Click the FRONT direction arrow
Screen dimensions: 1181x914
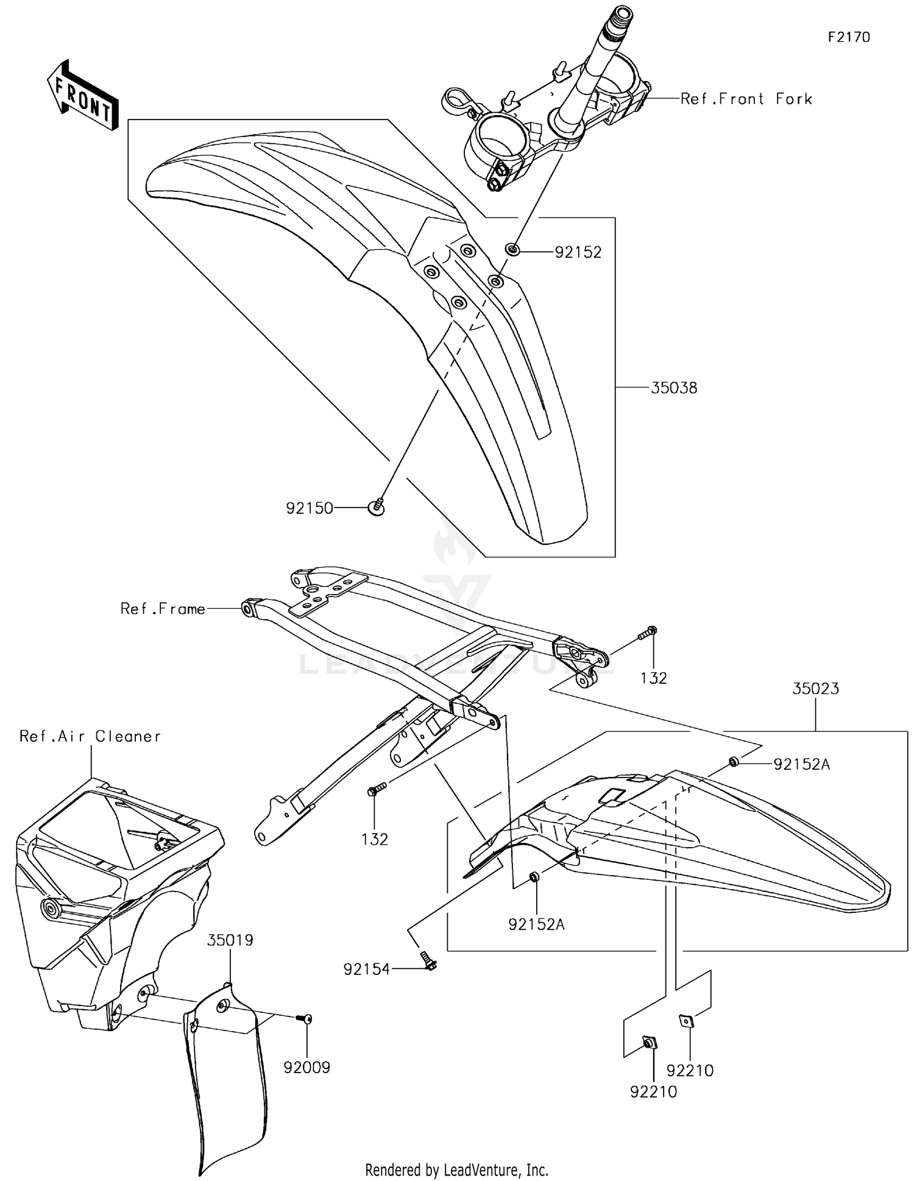tap(83, 95)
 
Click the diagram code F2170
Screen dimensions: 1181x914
tap(848, 37)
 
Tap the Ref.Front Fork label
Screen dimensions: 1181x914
tap(746, 99)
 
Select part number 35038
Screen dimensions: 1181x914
tap(673, 388)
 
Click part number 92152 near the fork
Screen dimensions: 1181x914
tap(578, 252)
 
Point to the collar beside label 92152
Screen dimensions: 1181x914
tap(512, 249)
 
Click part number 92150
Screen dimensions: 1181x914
tap(310, 508)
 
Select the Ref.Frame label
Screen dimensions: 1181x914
tap(163, 609)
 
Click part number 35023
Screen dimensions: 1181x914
tap(815, 689)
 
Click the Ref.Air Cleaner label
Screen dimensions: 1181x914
tap(90, 736)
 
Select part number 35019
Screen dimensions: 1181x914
tap(230, 940)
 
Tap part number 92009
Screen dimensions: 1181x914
tap(306, 1067)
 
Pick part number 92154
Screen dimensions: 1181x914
tap(366, 969)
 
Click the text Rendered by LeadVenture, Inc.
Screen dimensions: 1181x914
tap(456, 1169)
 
